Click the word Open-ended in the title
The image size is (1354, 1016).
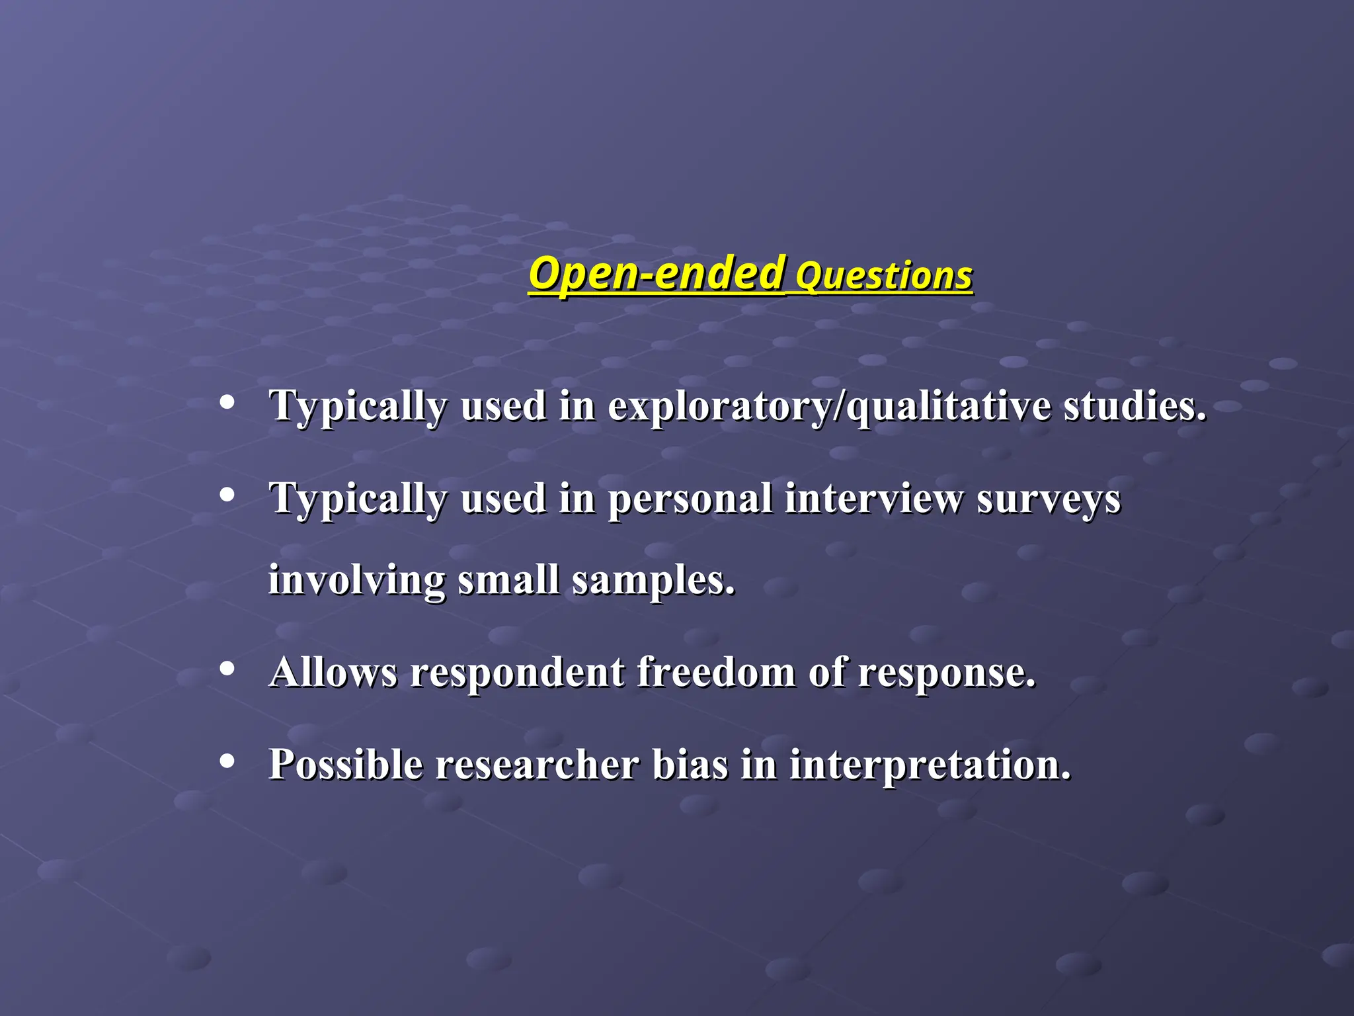657,274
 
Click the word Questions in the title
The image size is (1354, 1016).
883,276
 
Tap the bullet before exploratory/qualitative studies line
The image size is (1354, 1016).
227,402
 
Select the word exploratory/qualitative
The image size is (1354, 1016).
829,406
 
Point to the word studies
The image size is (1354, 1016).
1135,406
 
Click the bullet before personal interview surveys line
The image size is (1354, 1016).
227,495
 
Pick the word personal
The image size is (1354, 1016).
690,499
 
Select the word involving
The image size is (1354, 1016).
356,581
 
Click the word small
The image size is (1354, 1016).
508,579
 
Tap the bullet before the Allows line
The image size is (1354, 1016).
227,669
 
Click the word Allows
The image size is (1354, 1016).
333,672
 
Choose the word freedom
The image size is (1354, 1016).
716,672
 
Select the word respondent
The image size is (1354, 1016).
516,673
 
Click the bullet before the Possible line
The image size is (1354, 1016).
227,761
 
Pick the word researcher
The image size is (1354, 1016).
537,765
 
